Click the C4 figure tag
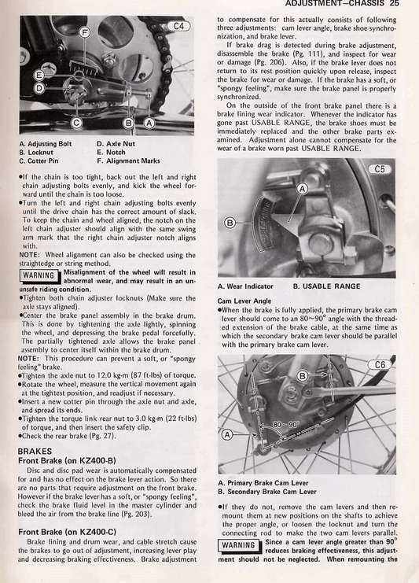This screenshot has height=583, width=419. (x=180, y=26)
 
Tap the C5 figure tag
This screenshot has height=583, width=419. (x=380, y=168)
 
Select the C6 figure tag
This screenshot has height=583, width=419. (x=380, y=364)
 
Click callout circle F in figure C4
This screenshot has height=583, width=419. (x=85, y=33)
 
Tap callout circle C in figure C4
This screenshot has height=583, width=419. (x=76, y=123)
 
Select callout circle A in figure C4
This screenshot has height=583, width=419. (x=149, y=123)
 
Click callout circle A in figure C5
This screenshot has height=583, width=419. (x=301, y=189)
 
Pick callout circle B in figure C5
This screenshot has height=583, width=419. (x=230, y=223)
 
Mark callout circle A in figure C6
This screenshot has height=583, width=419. (x=228, y=434)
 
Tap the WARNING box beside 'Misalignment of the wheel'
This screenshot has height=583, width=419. (x=39, y=276)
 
